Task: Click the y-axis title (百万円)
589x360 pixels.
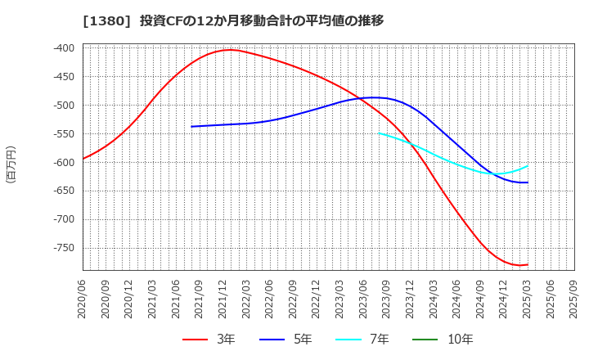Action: point(11,164)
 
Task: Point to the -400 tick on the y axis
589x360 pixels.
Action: point(63,48)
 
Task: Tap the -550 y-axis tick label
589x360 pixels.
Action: point(63,134)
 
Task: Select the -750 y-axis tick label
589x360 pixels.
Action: point(63,248)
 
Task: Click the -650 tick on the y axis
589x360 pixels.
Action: point(63,191)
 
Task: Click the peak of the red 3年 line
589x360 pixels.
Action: point(231,50)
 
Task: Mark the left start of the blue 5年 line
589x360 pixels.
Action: point(191,126)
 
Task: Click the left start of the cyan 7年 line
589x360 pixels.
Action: point(379,133)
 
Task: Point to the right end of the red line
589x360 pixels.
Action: point(528,264)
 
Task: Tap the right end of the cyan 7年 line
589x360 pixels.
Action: point(528,166)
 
